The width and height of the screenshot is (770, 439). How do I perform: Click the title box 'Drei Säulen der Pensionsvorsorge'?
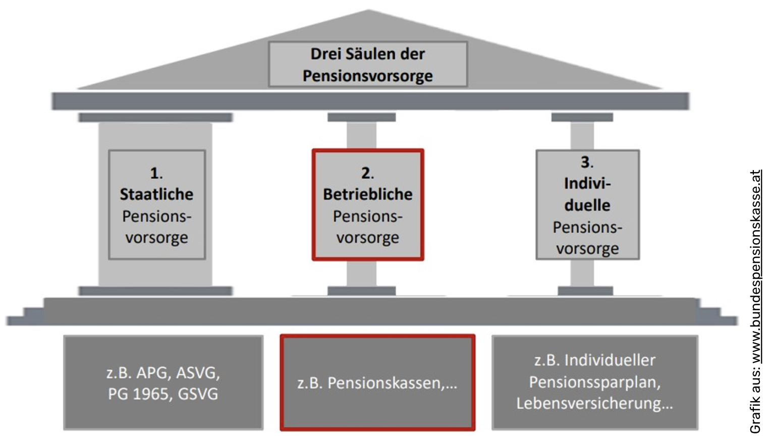click(367, 64)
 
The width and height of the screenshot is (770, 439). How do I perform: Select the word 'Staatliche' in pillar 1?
click(156, 194)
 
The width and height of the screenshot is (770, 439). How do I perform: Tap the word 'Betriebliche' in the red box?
click(367, 194)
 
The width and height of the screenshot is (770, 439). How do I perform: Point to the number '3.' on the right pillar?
click(587, 162)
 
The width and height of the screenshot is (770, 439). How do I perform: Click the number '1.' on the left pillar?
click(156, 173)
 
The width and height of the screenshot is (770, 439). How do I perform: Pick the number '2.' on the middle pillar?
click(367, 173)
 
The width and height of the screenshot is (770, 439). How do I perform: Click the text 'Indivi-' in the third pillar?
click(587, 183)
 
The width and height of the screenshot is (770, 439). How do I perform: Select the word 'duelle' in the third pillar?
click(587, 205)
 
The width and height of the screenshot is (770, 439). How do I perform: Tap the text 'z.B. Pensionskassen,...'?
click(377, 383)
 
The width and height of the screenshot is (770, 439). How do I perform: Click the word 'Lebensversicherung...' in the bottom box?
click(594, 403)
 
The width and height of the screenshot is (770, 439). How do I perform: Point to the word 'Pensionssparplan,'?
click(594, 382)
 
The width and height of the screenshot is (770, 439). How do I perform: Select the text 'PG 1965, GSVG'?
click(163, 394)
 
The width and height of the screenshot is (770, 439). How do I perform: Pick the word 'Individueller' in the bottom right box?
click(610, 360)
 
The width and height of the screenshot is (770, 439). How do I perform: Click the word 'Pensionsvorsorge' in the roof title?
click(367, 76)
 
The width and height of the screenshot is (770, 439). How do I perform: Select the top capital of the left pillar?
click(155, 117)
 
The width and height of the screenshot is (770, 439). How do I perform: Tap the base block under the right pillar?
click(585, 291)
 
